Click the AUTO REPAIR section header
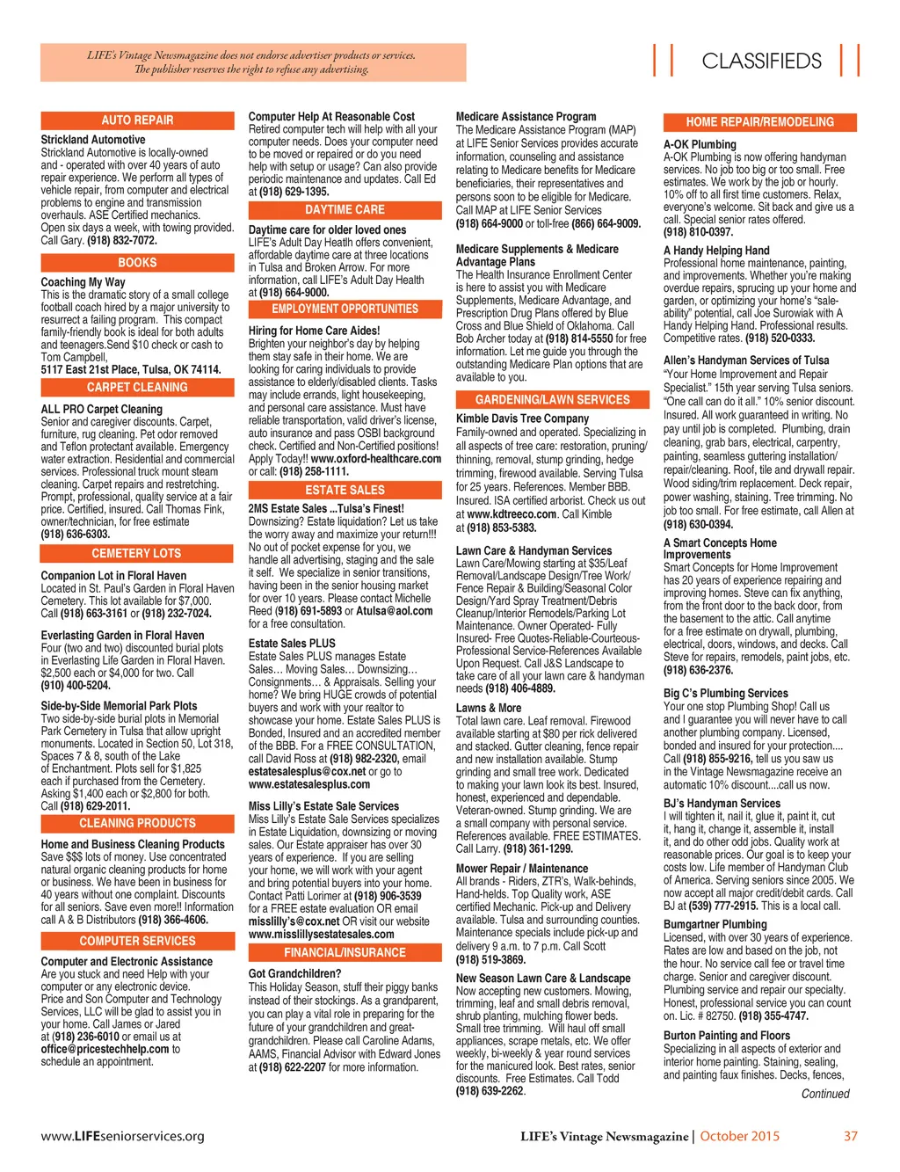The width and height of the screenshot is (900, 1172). pyautogui.click(x=137, y=120)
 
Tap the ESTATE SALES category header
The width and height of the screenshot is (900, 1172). pyautogui.click(x=345, y=491)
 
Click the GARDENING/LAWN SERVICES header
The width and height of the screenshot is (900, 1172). pyautogui.click(x=553, y=400)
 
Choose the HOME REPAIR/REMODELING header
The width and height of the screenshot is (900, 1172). pyautogui.click(x=759, y=122)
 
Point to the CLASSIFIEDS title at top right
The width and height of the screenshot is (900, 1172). pyautogui.click(x=761, y=61)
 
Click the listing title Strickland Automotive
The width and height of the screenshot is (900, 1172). pyautogui.click(x=93, y=140)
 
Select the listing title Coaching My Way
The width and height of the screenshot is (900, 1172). pyautogui.click(x=83, y=282)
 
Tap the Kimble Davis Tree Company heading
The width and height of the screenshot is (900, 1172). pyautogui.click(x=522, y=419)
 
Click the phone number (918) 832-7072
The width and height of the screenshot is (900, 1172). pyautogui.click(x=122, y=240)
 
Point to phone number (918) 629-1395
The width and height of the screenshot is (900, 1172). pyautogui.click(x=294, y=192)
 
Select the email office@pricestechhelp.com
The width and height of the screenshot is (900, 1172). pyautogui.click(x=105, y=1049)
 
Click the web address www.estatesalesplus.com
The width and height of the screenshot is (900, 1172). pyautogui.click(x=309, y=784)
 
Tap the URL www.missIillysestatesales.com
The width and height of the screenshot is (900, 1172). pyautogui.click(x=321, y=935)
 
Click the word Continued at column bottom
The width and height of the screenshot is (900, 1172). pyautogui.click(x=825, y=1094)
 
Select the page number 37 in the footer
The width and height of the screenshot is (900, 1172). pyautogui.click(x=850, y=1136)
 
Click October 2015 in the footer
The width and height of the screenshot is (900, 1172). pyautogui.click(x=739, y=1136)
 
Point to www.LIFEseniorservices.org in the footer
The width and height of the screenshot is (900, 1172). pyautogui.click(x=122, y=1136)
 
